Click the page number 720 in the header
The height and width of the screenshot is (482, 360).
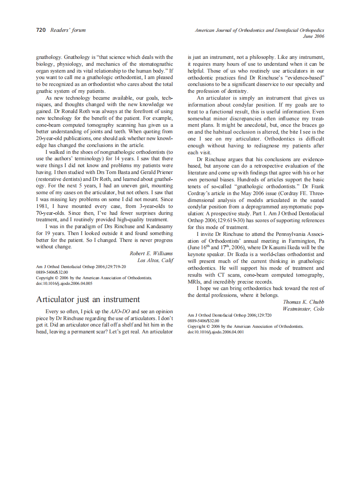[41, 30]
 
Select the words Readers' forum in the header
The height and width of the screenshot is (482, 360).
[68, 30]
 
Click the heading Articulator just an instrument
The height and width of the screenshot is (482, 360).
[88, 299]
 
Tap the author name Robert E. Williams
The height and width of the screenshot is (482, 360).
[151, 253]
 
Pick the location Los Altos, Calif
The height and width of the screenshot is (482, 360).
[155, 260]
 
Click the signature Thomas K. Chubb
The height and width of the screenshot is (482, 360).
[304, 302]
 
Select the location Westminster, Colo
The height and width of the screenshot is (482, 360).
[303, 309]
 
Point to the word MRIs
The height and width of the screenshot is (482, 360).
[194, 282]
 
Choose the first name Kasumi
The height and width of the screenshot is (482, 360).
[266, 247]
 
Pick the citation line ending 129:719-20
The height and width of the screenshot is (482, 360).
[81, 267]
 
